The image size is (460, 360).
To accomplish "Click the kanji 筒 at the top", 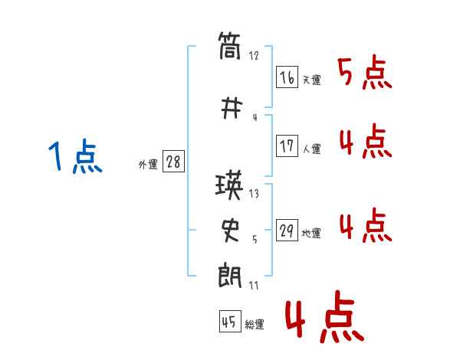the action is [x=229, y=46].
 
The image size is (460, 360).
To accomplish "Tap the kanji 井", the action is [x=232, y=109].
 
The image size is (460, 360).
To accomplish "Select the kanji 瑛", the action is [x=229, y=185].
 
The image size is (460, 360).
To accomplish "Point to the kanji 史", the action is [x=231, y=231].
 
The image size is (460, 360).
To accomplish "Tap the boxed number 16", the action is [x=287, y=77].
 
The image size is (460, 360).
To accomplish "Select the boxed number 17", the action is [x=287, y=146].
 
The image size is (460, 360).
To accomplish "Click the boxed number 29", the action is [x=287, y=230].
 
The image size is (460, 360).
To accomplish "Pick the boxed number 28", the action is [x=173, y=162].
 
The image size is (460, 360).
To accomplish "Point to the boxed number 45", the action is [x=230, y=321].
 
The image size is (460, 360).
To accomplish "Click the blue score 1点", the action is [x=75, y=156].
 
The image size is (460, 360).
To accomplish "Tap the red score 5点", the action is [x=365, y=72].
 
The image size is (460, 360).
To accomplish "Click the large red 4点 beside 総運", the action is [x=324, y=317].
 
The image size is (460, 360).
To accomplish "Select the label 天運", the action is [x=312, y=80].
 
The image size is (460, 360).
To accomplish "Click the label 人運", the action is [x=312, y=149].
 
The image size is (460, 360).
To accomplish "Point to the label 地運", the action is [x=311, y=234].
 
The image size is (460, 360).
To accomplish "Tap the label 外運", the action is [x=148, y=165].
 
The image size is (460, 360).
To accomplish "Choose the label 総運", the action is [x=255, y=325].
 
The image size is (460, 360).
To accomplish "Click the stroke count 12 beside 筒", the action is [x=254, y=56].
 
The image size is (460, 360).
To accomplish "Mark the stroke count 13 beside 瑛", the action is [x=254, y=194].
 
